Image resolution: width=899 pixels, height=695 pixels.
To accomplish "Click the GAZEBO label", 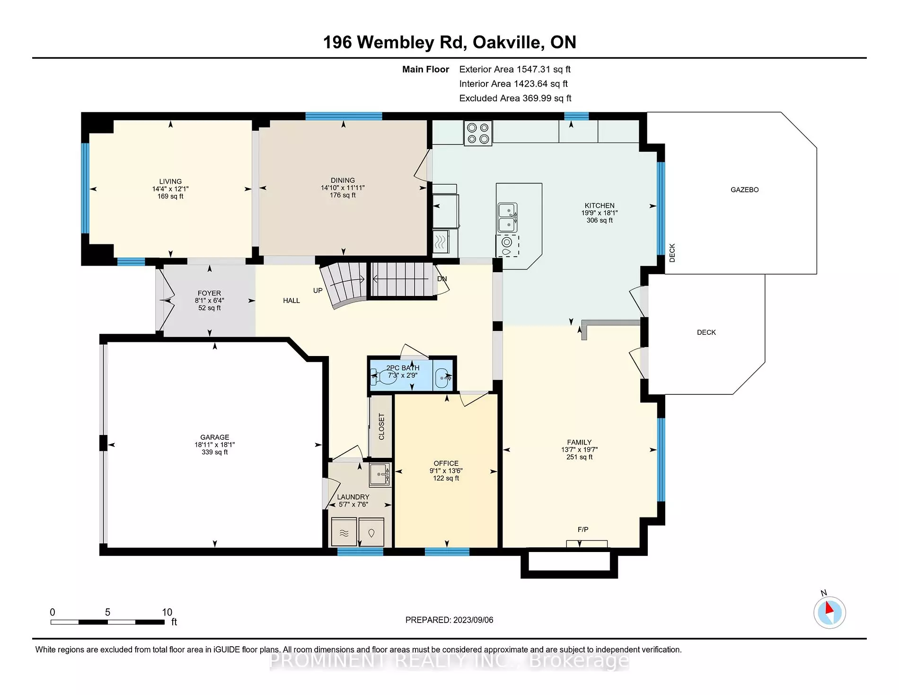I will pyautogui.click(x=744, y=190).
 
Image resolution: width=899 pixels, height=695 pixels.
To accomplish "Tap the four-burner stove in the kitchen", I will pyautogui.click(x=478, y=133).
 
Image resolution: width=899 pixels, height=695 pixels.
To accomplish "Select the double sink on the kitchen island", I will pyautogui.click(x=507, y=217).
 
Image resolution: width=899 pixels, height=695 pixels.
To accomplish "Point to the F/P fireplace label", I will pyautogui.click(x=583, y=529).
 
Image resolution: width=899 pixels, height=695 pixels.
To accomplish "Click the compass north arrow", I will pyautogui.click(x=829, y=612).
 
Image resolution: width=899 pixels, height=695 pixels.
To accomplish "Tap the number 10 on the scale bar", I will pyautogui.click(x=167, y=612).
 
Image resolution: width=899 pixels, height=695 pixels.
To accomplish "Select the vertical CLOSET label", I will pyautogui.click(x=381, y=427).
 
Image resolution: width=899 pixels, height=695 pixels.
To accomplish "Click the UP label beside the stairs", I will pyautogui.click(x=317, y=291).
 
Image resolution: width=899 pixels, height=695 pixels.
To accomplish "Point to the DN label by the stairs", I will pyautogui.click(x=441, y=279).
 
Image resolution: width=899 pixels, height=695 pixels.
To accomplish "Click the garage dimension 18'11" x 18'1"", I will pyautogui.click(x=214, y=445).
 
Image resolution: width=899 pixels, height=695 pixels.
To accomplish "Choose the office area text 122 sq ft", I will pyautogui.click(x=446, y=478).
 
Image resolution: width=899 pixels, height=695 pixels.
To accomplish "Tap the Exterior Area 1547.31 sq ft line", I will pyautogui.click(x=514, y=70).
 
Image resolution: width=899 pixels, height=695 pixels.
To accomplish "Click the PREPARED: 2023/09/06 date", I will pyautogui.click(x=449, y=620).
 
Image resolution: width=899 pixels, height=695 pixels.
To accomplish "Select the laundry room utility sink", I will pyautogui.click(x=379, y=474).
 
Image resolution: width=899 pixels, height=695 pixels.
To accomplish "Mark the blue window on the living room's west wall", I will pyautogui.click(x=85, y=188).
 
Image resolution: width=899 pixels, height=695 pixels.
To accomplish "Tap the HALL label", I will pyautogui.click(x=291, y=301).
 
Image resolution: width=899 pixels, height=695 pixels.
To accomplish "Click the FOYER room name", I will pyautogui.click(x=209, y=293).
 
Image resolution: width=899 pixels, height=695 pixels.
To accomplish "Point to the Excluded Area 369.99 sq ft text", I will pyautogui.click(x=515, y=98).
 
